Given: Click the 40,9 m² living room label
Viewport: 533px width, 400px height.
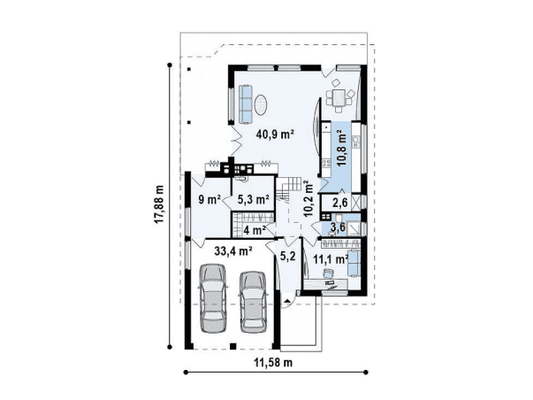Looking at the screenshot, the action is tap(275, 135).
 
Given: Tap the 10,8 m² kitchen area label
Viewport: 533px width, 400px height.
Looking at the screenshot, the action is tap(341, 148).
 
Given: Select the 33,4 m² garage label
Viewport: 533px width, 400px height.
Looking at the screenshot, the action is tap(233, 251).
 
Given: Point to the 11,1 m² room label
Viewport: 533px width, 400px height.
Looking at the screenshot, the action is tap(331, 259).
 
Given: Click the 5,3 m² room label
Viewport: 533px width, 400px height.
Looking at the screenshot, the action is tap(254, 199).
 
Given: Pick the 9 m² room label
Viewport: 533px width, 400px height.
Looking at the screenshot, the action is tap(209, 199).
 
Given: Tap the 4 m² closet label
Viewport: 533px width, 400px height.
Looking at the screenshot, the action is tap(255, 230).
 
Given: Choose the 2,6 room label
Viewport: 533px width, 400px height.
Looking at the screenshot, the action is tap(340, 203).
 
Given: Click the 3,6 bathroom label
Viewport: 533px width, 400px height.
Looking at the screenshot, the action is tap(339, 228).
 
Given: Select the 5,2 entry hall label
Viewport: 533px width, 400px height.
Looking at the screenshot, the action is tap(287, 256).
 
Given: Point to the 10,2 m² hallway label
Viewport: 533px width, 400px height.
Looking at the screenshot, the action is tap(308, 199).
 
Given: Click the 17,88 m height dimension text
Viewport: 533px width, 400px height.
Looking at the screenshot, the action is tap(158, 204).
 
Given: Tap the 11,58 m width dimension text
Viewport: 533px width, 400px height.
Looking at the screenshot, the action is tap(273, 363).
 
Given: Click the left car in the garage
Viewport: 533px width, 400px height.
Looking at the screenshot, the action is tap(213, 298).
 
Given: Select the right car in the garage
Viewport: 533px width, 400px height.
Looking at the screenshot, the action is tap(254, 302).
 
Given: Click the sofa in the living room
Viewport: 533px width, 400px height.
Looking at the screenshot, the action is tap(246, 104).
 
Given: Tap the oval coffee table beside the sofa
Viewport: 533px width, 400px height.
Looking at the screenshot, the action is tap(261, 105).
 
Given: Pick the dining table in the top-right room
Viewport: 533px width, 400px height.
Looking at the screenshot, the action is tap(339, 97).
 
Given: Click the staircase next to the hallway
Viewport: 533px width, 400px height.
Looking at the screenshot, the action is tap(286, 190).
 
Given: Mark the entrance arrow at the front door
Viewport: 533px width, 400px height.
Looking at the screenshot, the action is tap(287, 301).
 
